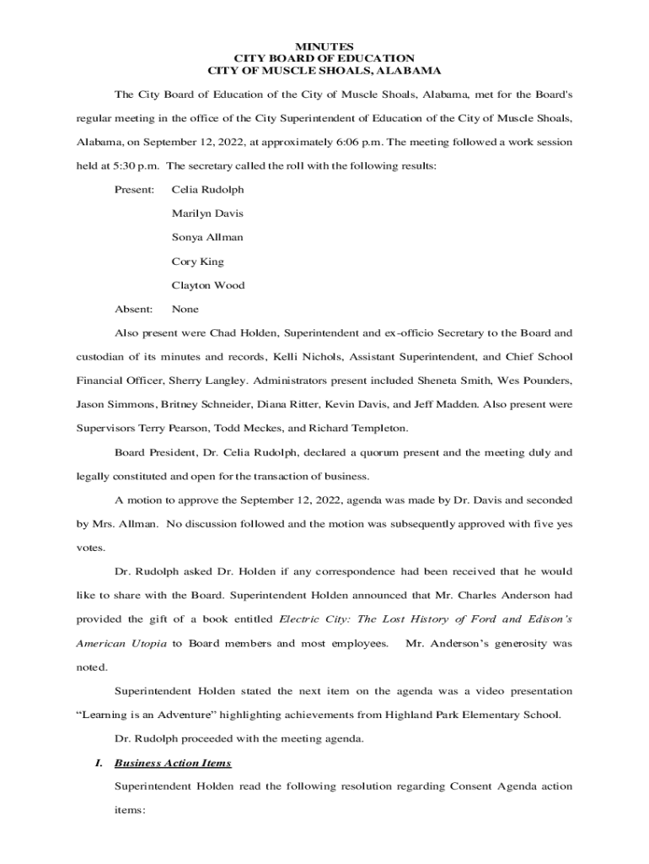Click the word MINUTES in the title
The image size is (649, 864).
(x=324, y=46)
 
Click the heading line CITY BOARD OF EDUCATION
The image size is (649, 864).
(x=324, y=58)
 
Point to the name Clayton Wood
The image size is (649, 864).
(x=208, y=285)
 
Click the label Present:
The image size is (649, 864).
(x=134, y=190)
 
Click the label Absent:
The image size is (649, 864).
(x=133, y=309)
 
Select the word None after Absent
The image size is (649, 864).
(x=185, y=309)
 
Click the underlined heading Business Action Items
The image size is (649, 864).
(x=173, y=763)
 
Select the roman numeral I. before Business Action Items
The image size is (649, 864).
(x=98, y=763)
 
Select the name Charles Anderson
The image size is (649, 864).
(x=508, y=596)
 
